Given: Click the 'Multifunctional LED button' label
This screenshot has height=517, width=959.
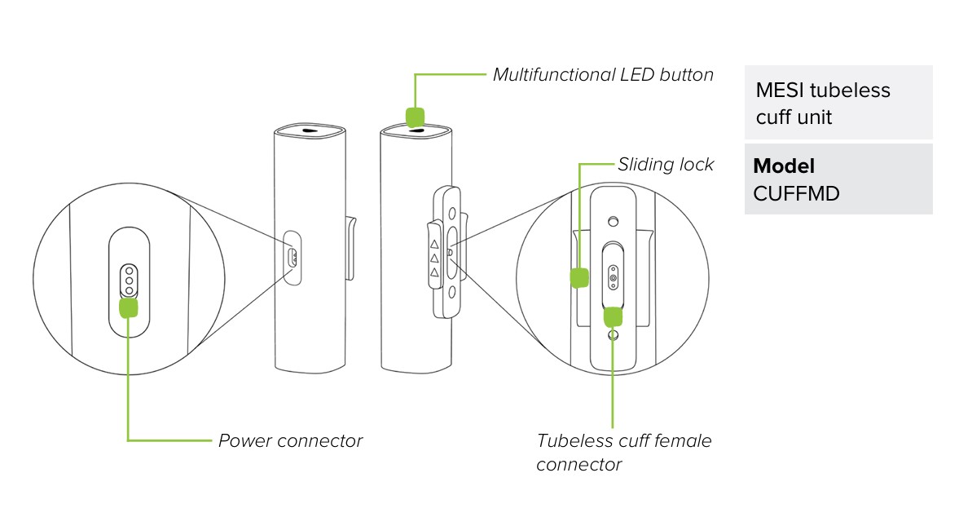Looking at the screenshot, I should click(603, 75).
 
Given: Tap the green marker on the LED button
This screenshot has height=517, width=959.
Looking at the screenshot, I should click(416, 117).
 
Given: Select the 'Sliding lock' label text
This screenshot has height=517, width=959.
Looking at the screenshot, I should click(666, 165).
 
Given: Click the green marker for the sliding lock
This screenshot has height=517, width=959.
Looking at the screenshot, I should click(579, 277).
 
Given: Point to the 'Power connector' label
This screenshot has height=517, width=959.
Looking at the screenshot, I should click(290, 441).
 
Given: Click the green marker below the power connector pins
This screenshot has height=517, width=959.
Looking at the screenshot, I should click(129, 307).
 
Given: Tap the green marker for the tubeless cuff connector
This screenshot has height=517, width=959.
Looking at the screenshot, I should click(614, 316).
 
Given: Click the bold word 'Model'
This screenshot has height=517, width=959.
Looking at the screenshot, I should click(784, 166).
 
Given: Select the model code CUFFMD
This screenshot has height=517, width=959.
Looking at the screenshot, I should click(795, 194).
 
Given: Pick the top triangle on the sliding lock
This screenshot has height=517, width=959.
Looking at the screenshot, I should click(434, 243).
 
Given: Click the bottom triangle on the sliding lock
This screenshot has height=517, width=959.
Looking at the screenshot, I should click(434, 272).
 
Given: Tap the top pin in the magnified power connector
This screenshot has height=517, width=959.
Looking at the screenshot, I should click(129, 270).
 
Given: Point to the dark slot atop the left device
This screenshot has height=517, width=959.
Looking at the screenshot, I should click(309, 130).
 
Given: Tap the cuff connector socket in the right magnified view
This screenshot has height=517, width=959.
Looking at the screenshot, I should click(614, 278).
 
